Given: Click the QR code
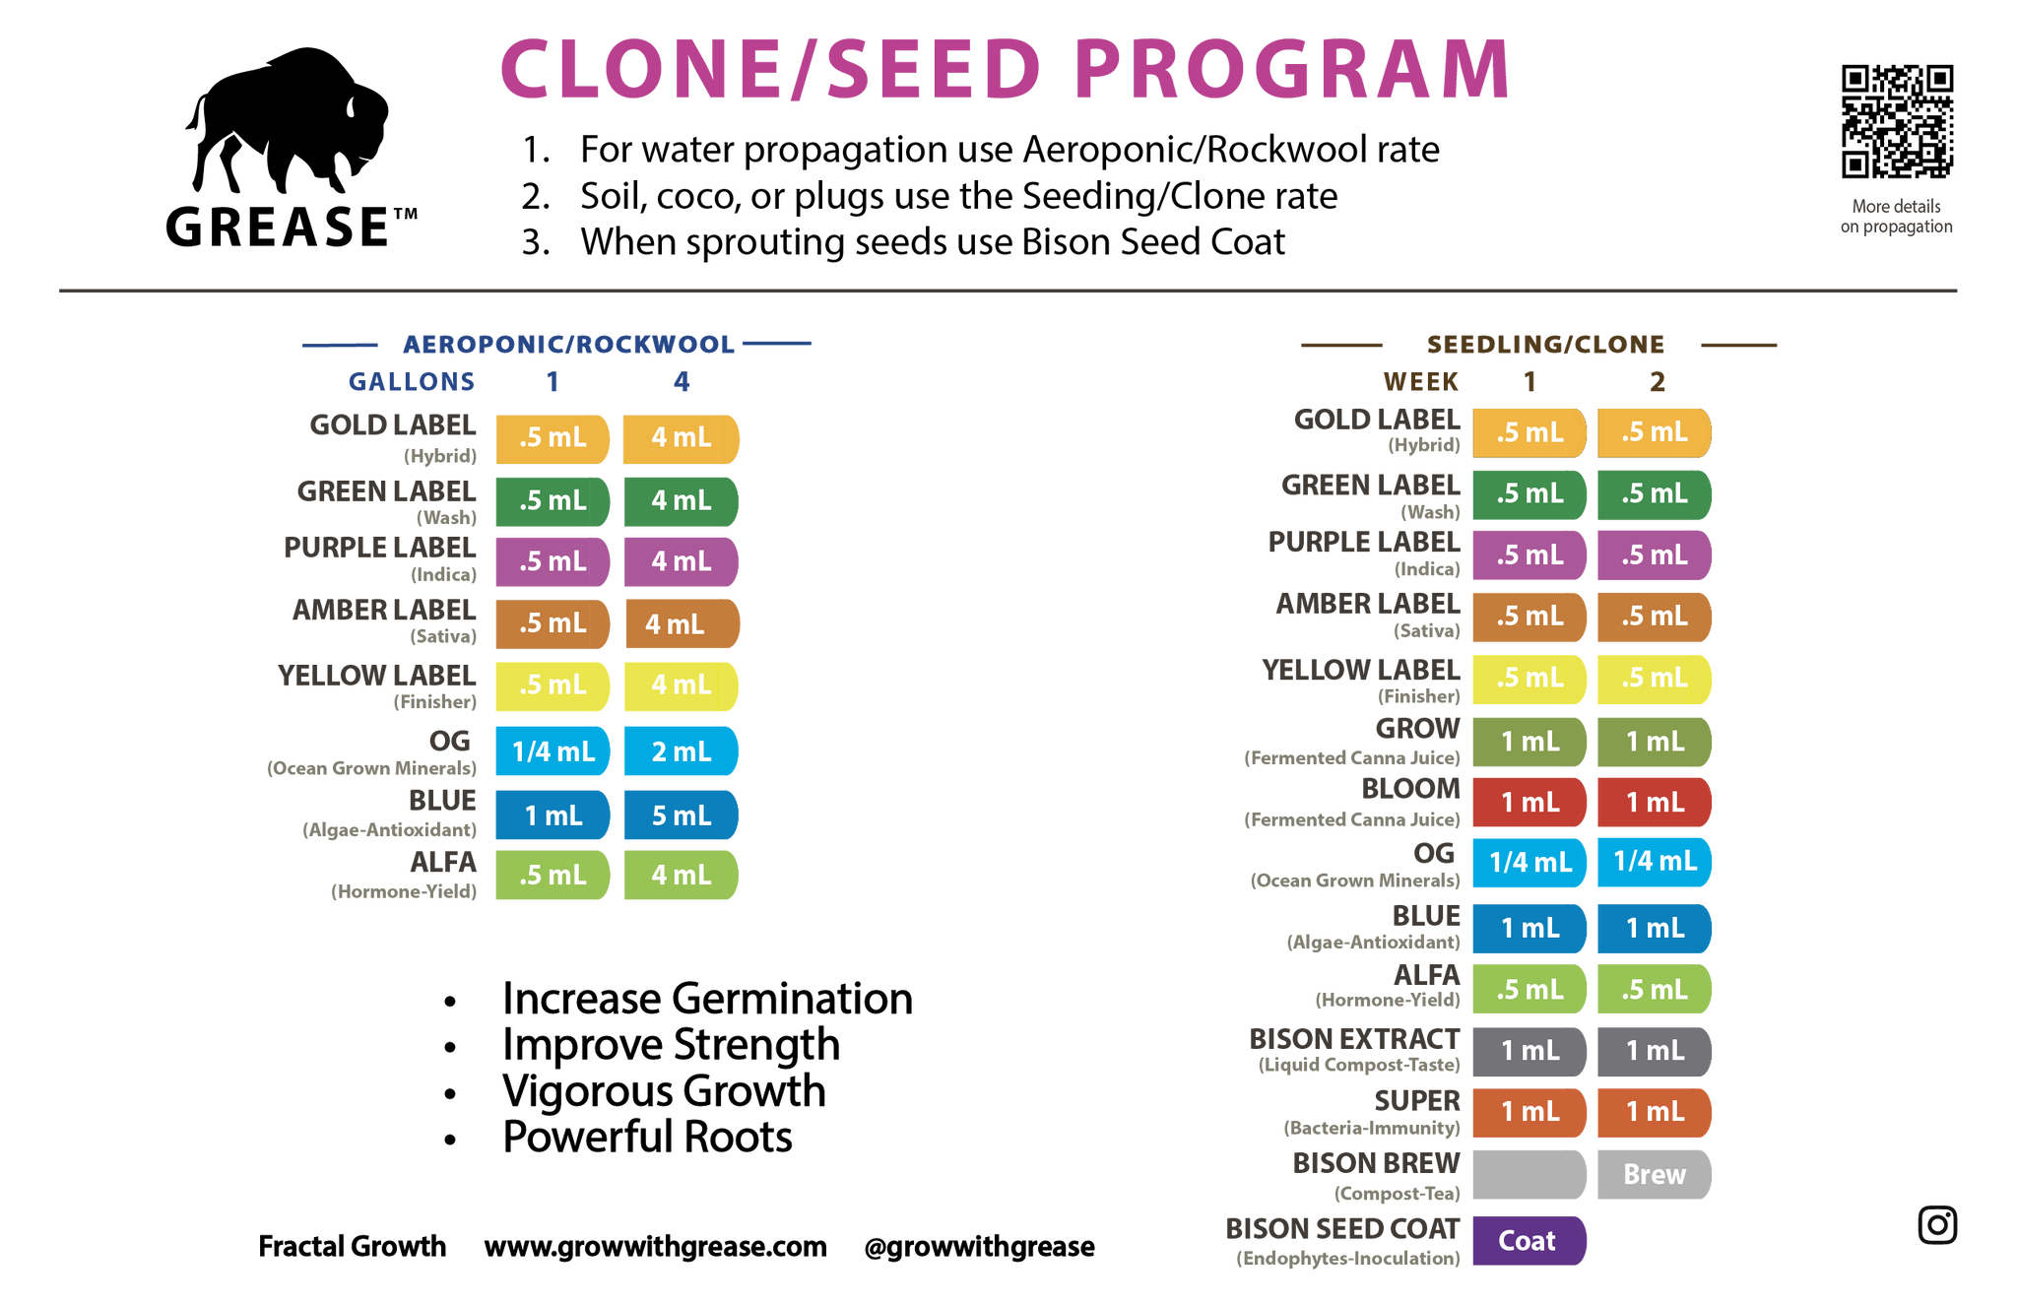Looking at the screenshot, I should [1897, 121].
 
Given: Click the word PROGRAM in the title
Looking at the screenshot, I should [1291, 69].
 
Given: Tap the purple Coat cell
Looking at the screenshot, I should [1529, 1240].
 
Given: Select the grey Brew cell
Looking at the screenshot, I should [1655, 1174].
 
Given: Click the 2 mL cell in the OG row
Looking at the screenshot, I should [681, 751].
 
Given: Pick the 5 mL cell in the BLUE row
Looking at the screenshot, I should [681, 815].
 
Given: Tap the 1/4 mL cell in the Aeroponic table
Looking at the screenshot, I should [553, 751].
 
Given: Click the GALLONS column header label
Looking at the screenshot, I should [411, 381].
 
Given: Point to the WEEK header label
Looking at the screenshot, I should [1420, 381].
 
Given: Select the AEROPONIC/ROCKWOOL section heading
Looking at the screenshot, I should [567, 344].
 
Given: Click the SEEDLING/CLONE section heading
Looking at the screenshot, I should [1544, 345].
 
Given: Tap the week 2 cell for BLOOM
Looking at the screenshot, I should [1655, 802].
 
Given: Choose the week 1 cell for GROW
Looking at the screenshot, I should [1529, 741].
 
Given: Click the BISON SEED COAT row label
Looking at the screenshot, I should [1342, 1229].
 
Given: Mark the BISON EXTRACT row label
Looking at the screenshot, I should [1354, 1040].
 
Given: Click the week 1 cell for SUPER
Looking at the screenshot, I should [1529, 1112].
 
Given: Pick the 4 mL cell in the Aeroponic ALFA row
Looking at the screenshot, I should [681, 875].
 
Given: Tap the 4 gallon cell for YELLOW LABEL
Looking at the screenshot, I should [681, 685].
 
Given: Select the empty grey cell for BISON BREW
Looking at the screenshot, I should [1529, 1174].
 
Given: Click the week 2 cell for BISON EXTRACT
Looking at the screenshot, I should [1655, 1051].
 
